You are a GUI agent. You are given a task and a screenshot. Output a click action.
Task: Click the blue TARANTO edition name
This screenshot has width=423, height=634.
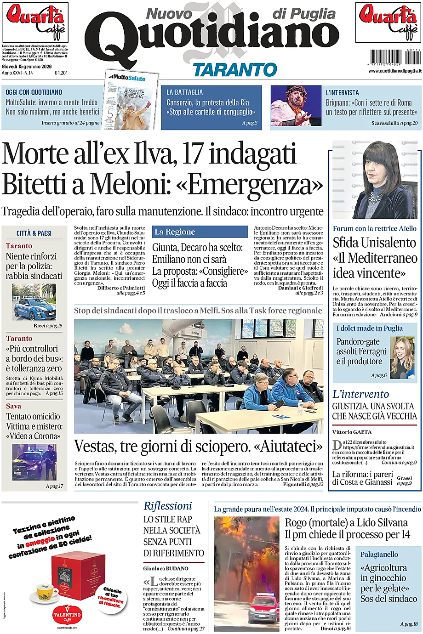click(x=234, y=70)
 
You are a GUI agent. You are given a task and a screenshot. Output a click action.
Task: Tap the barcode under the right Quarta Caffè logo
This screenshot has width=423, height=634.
click(x=394, y=57)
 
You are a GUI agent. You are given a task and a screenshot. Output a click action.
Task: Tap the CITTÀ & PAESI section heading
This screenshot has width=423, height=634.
click(x=34, y=233)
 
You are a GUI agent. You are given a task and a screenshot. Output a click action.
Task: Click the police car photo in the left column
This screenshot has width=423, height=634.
click(x=34, y=303)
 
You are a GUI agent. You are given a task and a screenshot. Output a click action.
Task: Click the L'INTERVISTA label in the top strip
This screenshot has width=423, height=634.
click(x=342, y=92)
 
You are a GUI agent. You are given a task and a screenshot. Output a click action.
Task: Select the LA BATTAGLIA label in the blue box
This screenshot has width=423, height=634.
click(x=184, y=92)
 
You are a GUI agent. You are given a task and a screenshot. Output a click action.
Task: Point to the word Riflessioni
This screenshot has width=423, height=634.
click(x=167, y=506)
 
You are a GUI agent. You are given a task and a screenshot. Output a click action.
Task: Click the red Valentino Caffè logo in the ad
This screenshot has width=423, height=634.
click(x=67, y=614)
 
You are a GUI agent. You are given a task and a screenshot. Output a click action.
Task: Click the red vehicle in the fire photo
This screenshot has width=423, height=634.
click(x=263, y=607)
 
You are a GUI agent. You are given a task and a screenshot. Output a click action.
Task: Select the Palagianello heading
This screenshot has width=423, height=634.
click(x=379, y=555)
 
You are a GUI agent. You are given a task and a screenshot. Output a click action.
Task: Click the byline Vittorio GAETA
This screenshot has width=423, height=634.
click(x=352, y=432)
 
